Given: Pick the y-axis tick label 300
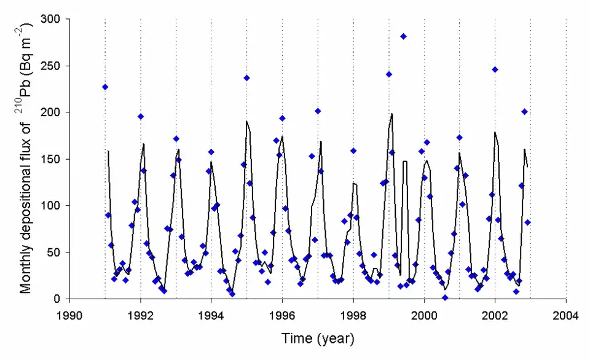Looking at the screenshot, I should (51, 19).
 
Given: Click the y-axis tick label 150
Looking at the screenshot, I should (51, 159).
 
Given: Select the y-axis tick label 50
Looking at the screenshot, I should (53, 252).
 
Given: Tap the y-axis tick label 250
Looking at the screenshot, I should (51, 66).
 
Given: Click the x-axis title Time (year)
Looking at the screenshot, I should (318, 338).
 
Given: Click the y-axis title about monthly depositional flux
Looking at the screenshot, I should (26, 158).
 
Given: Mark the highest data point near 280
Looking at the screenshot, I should (403, 36).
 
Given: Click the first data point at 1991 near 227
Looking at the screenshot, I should (105, 87).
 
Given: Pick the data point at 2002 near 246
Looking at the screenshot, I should (495, 69).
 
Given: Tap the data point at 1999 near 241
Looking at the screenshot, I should (388, 74).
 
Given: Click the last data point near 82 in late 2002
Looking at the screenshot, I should (527, 222).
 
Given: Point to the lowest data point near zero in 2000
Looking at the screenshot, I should (445, 298).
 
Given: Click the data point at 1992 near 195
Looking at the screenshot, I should (140, 117).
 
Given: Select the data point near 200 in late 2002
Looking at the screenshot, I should (524, 112).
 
